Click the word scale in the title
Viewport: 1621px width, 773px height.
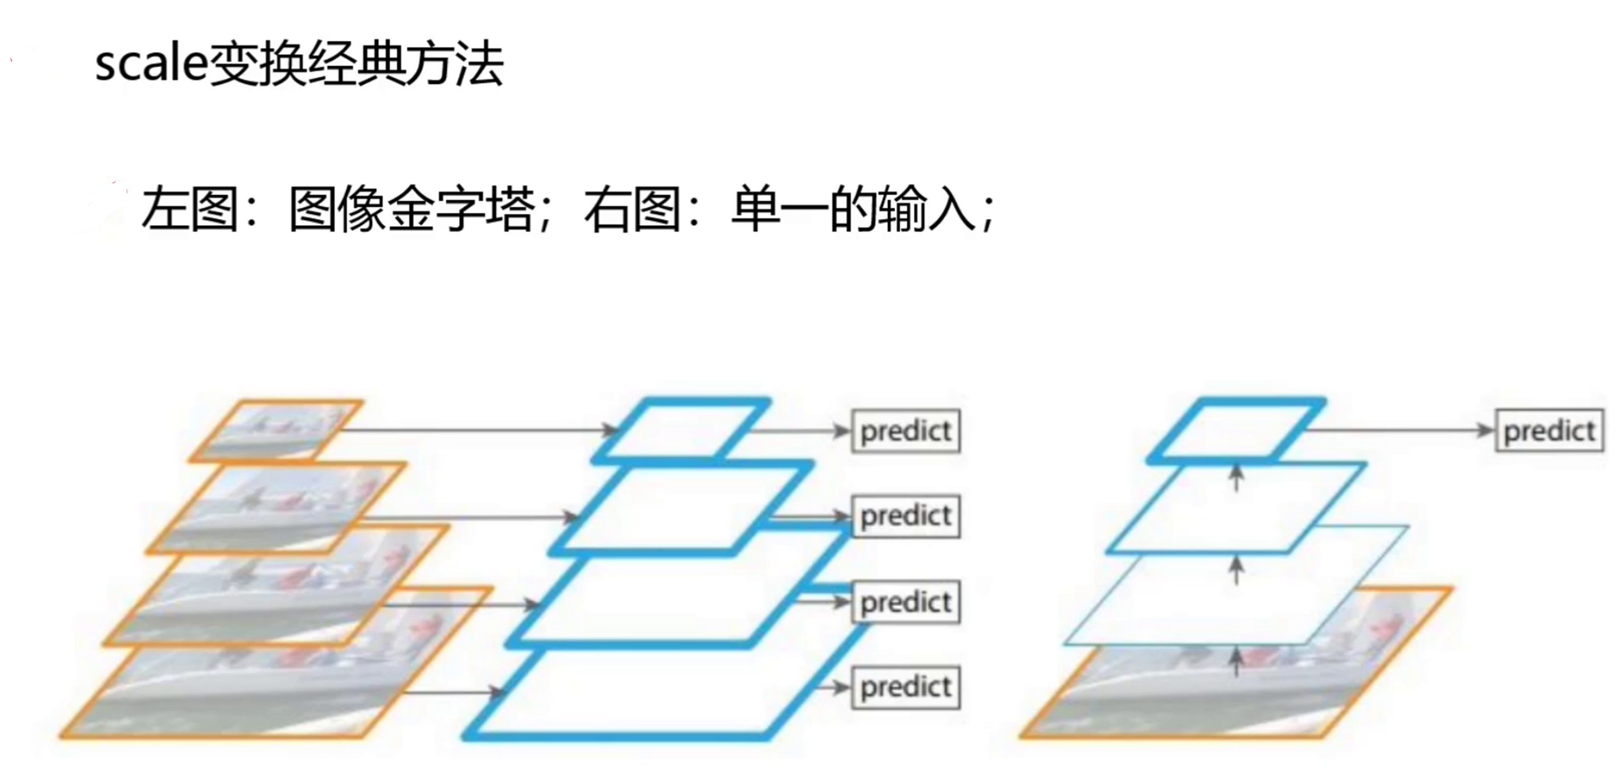point(151,63)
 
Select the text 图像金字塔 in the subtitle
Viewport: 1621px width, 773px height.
point(412,209)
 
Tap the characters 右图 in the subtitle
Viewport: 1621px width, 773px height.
point(632,209)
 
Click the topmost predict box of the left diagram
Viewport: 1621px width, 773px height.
point(906,431)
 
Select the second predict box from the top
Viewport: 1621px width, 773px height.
point(906,517)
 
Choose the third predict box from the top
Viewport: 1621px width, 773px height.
point(906,602)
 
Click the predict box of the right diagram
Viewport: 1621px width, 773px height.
point(1549,431)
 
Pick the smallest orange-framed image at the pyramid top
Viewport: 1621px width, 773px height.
point(277,430)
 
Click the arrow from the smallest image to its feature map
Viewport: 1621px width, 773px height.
point(478,431)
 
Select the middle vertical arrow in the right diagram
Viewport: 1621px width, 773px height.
point(1237,570)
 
